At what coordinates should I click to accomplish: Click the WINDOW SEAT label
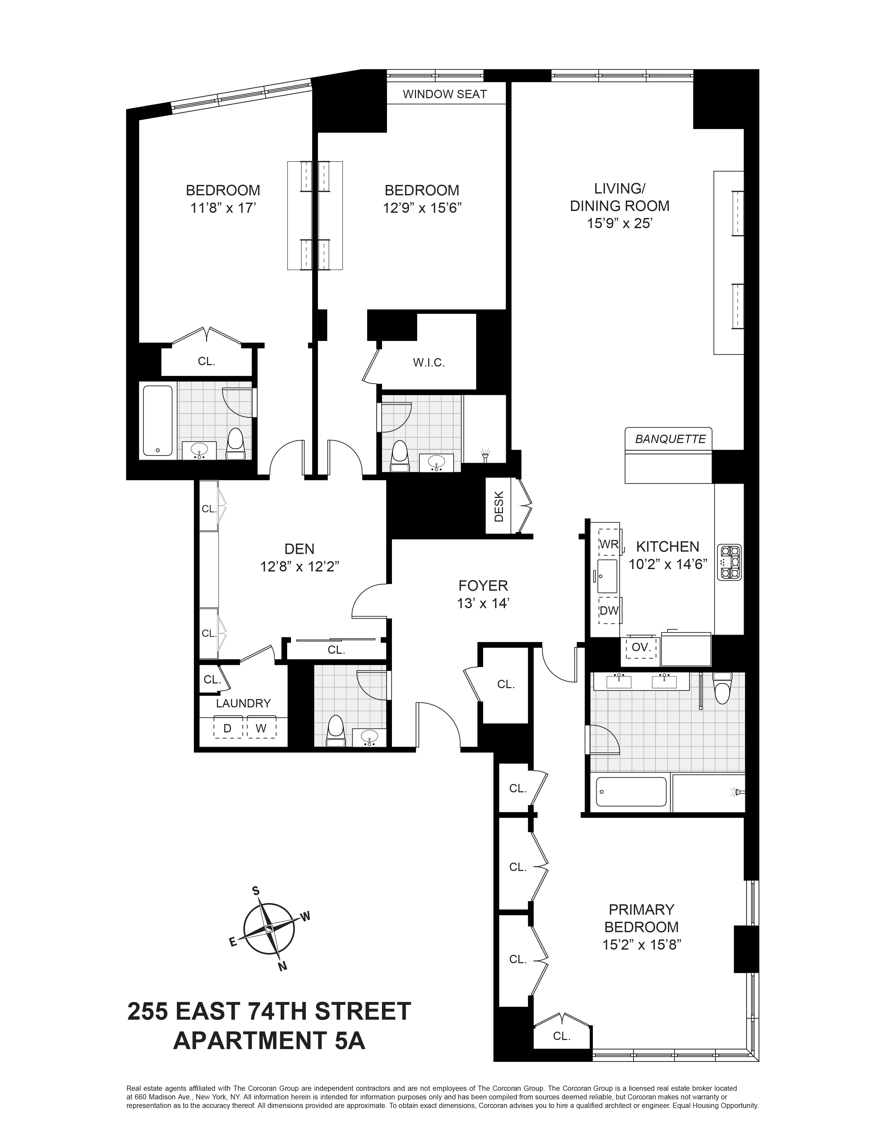[445, 95]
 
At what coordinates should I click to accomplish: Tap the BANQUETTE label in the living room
[670, 439]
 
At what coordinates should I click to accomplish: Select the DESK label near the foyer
[499, 506]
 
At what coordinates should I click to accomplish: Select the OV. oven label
[641, 647]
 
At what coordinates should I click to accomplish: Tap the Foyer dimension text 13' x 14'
[483, 603]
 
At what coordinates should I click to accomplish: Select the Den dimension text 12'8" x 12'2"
[300, 567]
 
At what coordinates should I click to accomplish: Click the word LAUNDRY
[243, 703]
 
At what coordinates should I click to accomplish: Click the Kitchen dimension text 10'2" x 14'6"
[668, 564]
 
